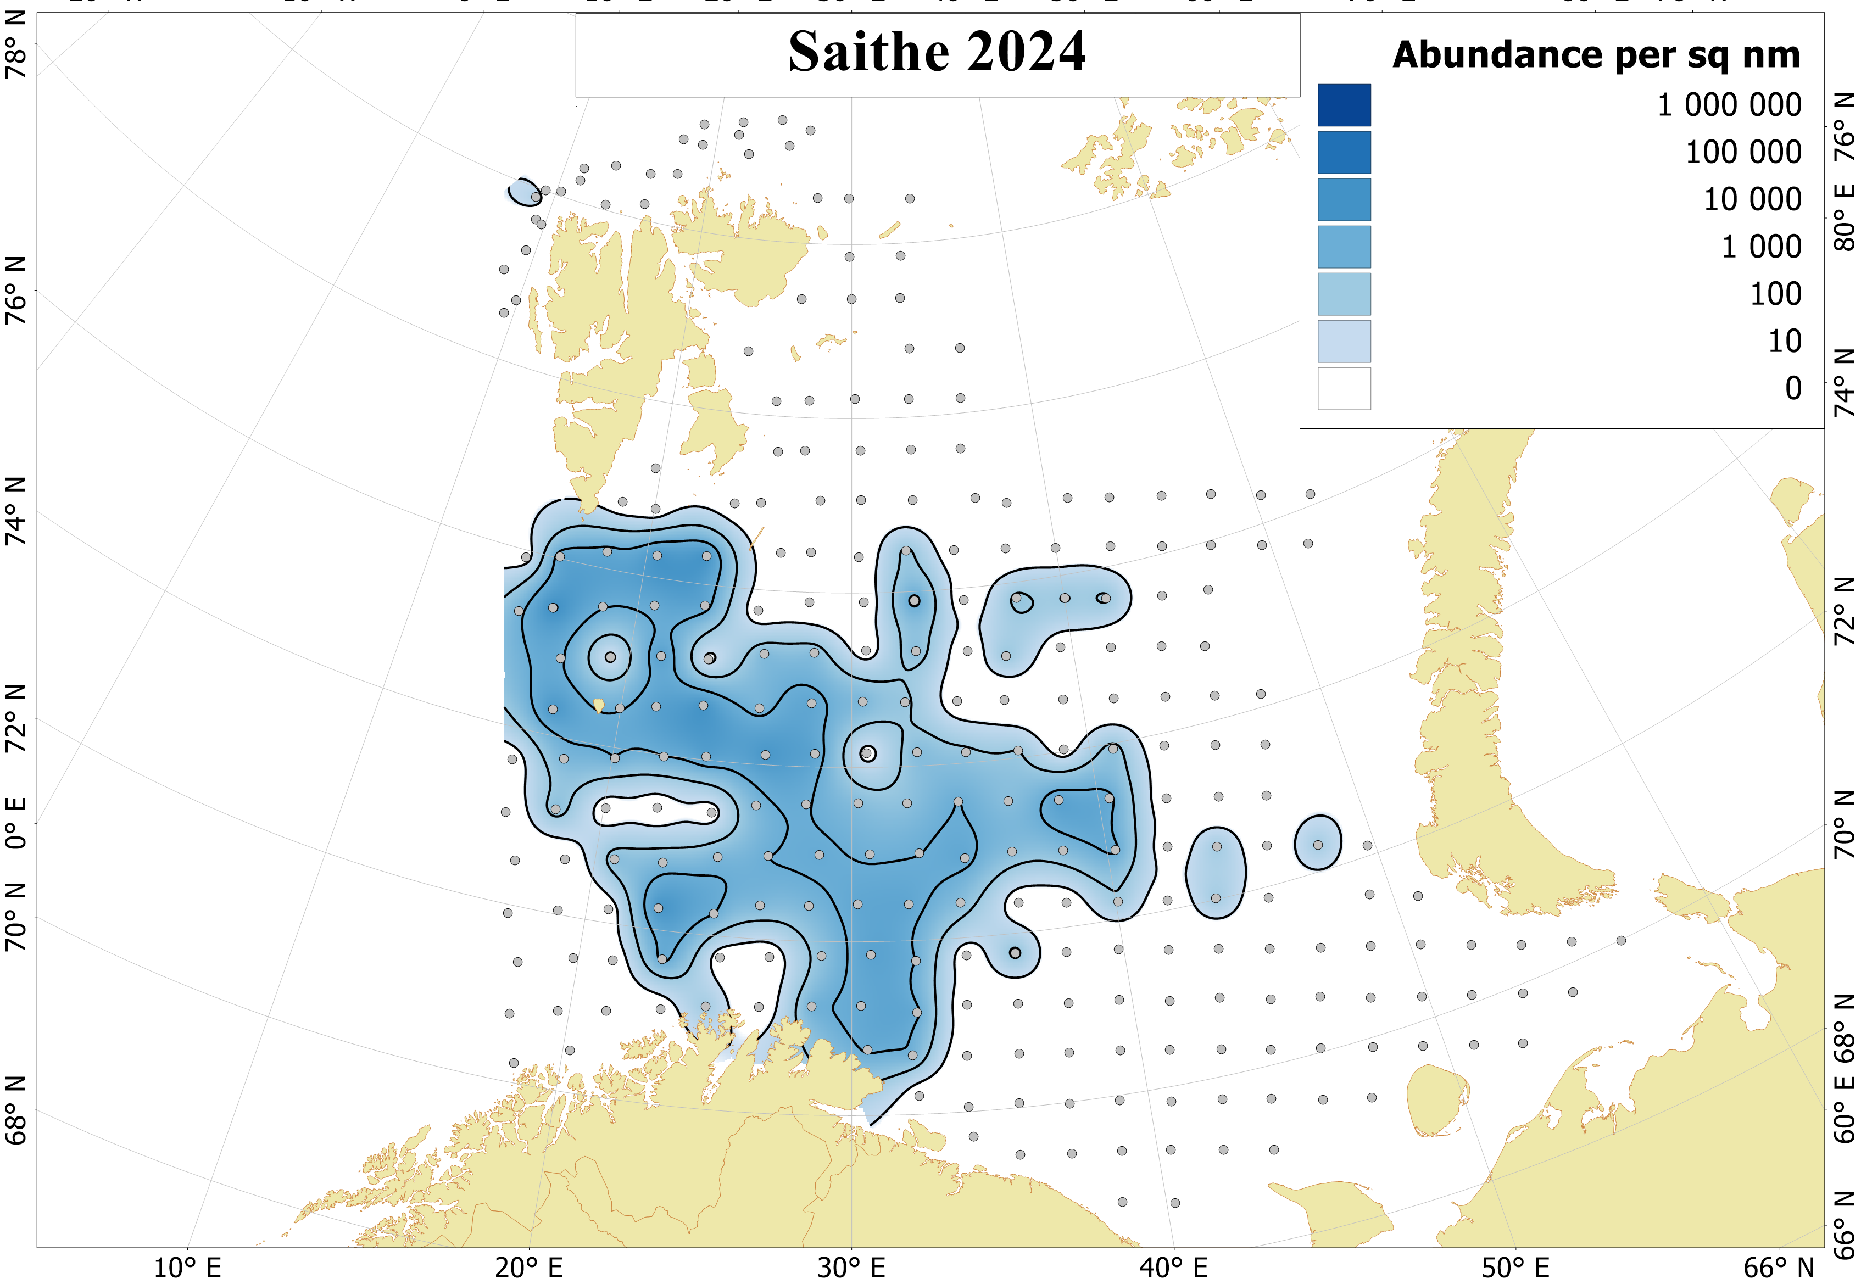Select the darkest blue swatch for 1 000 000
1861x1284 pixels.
(x=1343, y=105)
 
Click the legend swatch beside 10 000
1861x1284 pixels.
(x=1343, y=199)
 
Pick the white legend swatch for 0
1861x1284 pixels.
(x=1343, y=389)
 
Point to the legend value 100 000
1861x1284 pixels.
(x=1743, y=152)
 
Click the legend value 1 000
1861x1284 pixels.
(x=1760, y=247)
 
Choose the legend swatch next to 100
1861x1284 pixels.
(x=1343, y=294)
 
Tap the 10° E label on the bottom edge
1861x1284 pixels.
(x=187, y=1268)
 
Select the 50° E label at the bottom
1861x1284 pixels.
(x=1514, y=1268)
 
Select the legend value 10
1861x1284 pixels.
(x=1784, y=341)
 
